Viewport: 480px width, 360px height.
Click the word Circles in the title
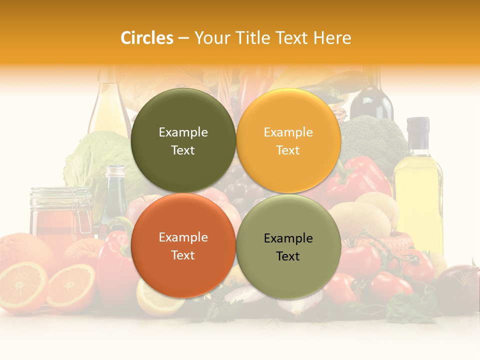click(147, 38)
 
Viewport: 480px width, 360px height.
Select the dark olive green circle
click(183, 140)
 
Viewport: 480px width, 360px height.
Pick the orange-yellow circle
click(288, 140)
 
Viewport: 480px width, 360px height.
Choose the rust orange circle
click(183, 245)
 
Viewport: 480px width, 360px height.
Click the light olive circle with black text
click(288, 246)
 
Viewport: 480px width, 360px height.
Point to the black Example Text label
click(288, 247)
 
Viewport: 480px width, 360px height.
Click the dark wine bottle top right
click(371, 100)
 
